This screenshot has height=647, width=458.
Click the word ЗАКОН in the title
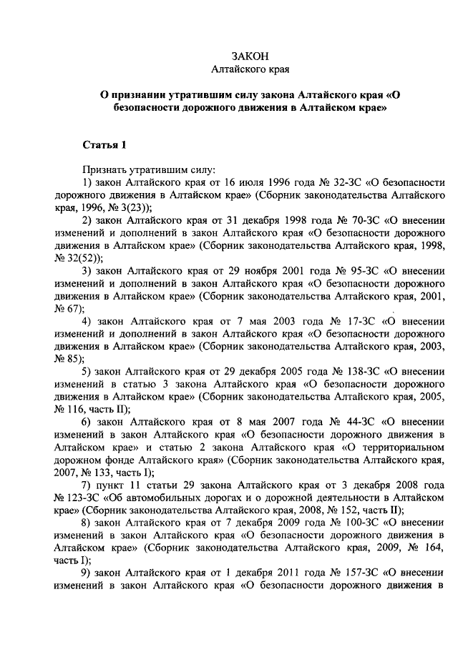pos(250,56)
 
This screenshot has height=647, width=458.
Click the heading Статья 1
pos(104,146)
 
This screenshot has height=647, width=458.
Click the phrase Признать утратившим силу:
pos(148,170)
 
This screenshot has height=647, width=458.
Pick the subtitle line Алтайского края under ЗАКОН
pos(250,69)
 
